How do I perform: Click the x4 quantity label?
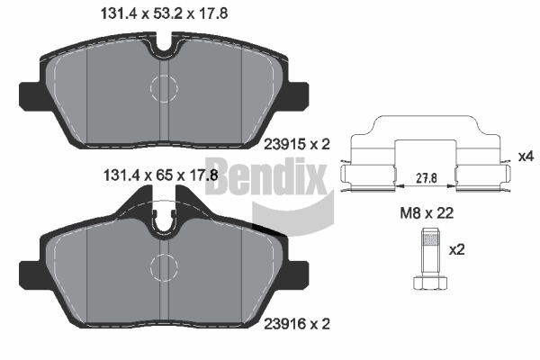(x=526, y=157)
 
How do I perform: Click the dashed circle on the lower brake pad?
(x=165, y=266)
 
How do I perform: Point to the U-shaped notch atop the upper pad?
(x=164, y=42)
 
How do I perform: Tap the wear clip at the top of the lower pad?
(x=164, y=219)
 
